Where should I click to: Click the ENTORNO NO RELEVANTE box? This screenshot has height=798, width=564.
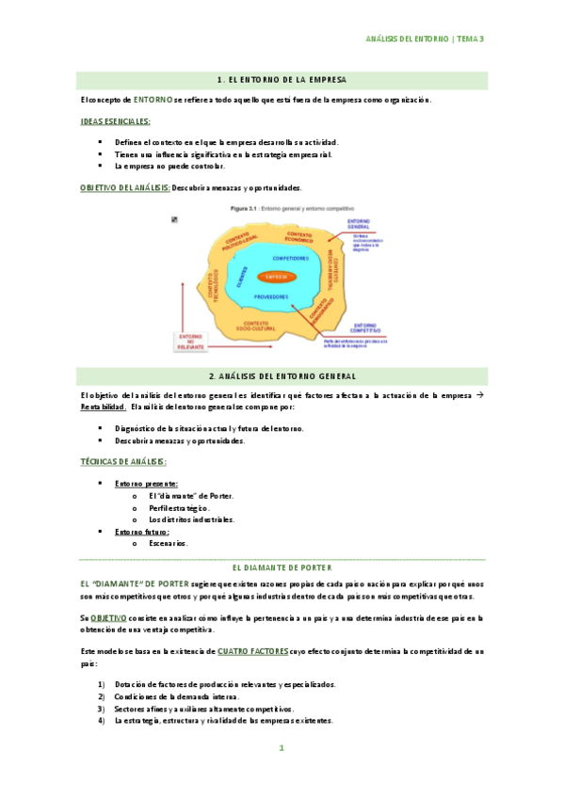(190, 343)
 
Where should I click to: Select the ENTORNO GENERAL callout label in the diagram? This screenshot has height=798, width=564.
(359, 226)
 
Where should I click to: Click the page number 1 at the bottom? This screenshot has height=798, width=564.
(281, 748)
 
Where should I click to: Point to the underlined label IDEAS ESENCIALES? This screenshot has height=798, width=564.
(116, 121)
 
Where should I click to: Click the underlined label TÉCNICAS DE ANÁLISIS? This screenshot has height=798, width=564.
(122, 461)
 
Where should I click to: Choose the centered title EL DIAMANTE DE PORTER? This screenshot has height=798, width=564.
(282, 568)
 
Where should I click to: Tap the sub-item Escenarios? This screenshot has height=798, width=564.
(169, 543)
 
